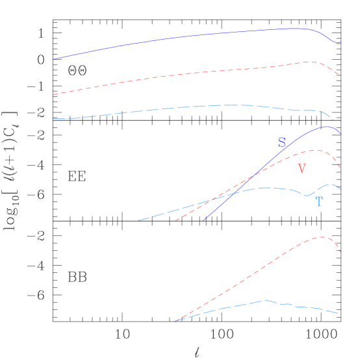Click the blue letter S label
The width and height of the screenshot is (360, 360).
pyautogui.click(x=281, y=143)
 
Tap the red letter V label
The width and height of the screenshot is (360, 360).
pyautogui.click(x=302, y=169)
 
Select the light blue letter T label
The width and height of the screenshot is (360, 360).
pyautogui.click(x=319, y=202)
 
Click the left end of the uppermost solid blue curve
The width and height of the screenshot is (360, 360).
pyautogui.click(x=54, y=59)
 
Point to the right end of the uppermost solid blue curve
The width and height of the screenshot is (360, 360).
pyautogui.click(x=339, y=42)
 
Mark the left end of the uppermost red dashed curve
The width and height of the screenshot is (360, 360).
pyautogui.click(x=54, y=94)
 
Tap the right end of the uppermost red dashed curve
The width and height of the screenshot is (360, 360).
pyautogui.click(x=339, y=75)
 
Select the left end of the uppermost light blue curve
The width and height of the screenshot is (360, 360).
pyautogui.click(x=54, y=118)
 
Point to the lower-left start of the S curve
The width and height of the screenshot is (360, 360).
pyautogui.click(x=203, y=220)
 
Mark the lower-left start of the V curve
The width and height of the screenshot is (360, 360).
pyautogui.click(x=175, y=220)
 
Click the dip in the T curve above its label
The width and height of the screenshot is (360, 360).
pyautogui.click(x=307, y=195)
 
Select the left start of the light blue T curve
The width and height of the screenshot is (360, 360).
pyautogui.click(x=138, y=220)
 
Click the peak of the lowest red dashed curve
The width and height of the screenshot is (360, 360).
pyautogui.click(x=322, y=237)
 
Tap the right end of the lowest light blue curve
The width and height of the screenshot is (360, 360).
pyautogui.click(x=339, y=313)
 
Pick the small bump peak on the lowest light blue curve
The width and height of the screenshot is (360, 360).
pyautogui.click(x=266, y=300)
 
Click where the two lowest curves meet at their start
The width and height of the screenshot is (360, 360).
pyautogui.click(x=175, y=320)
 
